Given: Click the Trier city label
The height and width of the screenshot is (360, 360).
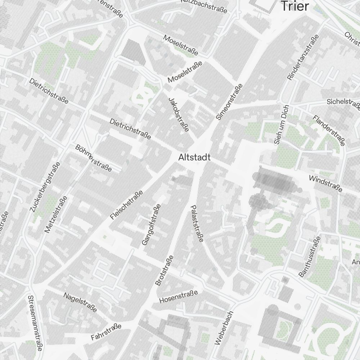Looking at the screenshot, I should point(295,6).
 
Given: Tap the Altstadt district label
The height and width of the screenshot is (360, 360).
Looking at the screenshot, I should point(194,158).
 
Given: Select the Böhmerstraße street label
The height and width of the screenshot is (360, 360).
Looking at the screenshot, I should point(94,158).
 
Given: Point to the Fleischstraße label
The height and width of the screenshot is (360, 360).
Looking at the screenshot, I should point(127,205).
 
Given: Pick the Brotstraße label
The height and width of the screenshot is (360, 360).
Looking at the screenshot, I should point(164,270).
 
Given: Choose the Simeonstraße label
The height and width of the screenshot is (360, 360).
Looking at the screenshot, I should point(229,102).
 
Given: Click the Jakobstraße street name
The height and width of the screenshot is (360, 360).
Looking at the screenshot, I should point(179,114).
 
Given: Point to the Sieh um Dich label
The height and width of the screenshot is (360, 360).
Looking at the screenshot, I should point(282,125).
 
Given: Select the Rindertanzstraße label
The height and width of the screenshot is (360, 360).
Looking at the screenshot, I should point(303,57).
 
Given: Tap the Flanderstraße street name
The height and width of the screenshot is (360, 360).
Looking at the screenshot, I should point(329,130).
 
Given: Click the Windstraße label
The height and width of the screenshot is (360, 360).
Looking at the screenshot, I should point(325,184).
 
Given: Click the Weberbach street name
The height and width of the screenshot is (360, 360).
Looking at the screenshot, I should point(224,328).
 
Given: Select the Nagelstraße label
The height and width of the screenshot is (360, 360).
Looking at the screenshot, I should point(80,302).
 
